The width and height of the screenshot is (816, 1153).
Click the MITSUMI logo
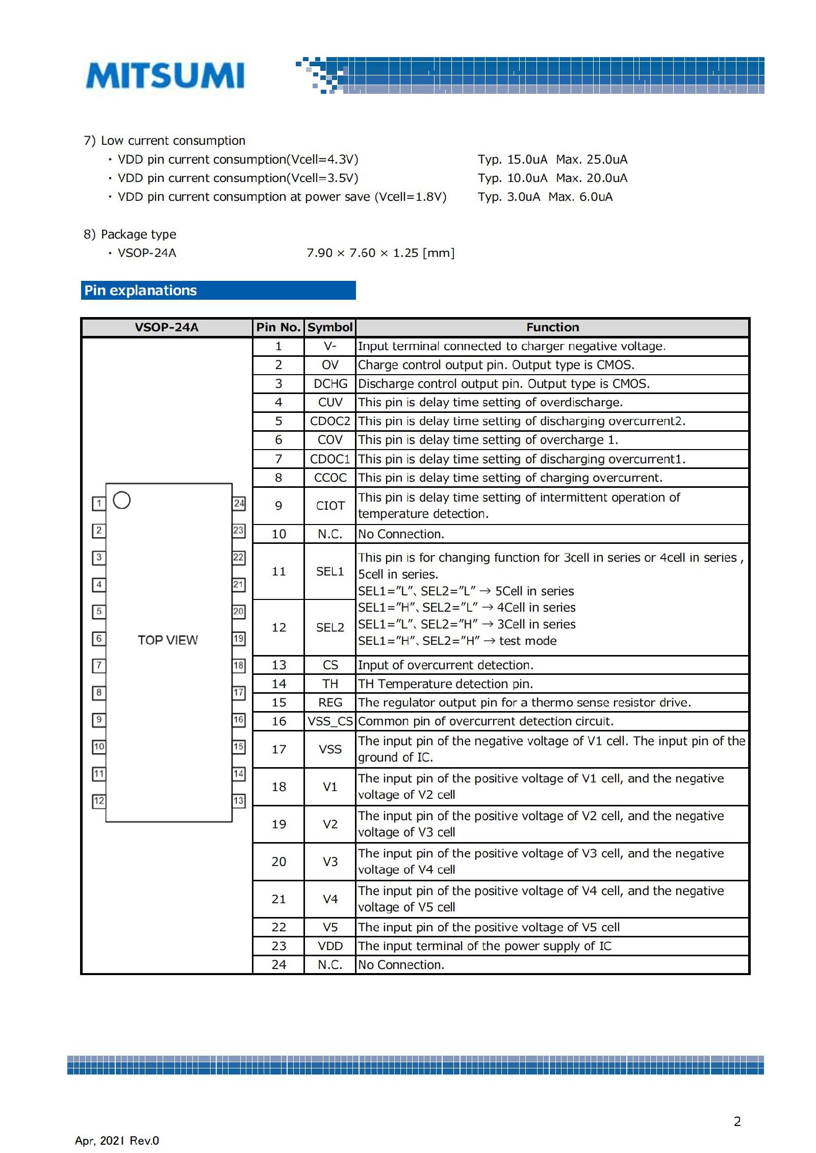click(x=165, y=75)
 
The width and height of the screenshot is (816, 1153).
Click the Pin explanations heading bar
click(x=218, y=290)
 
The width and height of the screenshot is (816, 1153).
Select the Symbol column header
click(x=330, y=327)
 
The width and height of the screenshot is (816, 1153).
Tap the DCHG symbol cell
click(x=330, y=384)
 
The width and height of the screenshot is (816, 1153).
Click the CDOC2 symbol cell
click(x=330, y=421)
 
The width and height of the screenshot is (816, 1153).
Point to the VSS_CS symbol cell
click(x=330, y=721)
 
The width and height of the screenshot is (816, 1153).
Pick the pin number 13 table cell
click(x=278, y=665)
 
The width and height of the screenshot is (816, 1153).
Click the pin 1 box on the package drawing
click(x=99, y=504)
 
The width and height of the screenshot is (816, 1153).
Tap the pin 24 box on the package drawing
click(x=239, y=504)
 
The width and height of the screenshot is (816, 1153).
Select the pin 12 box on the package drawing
click(x=99, y=801)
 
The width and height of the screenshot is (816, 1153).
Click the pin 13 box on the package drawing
click(x=239, y=801)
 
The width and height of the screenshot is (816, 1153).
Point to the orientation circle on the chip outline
click(x=122, y=500)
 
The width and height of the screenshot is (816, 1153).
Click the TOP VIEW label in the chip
click(x=168, y=640)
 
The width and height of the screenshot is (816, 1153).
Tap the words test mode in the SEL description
click(x=527, y=641)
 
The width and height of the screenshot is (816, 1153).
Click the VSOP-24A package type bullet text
click(x=147, y=253)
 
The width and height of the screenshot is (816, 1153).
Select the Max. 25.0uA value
click(x=592, y=160)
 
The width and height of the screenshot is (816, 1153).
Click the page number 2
click(x=737, y=1121)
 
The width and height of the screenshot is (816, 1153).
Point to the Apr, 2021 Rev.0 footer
click(x=117, y=1141)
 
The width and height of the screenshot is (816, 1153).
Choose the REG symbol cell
click(x=330, y=702)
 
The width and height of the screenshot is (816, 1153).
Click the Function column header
click(x=552, y=327)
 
